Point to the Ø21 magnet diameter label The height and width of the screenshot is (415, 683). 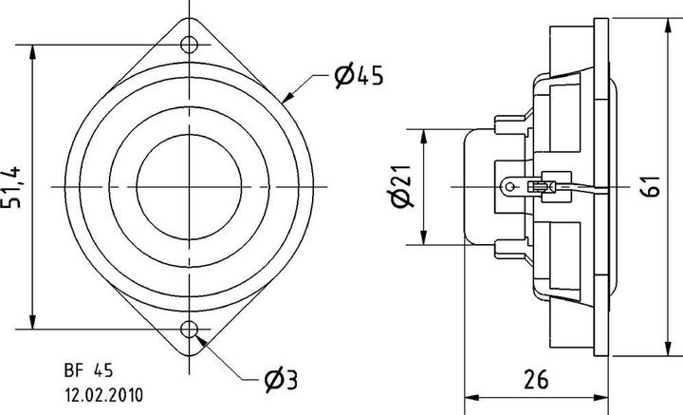point(400,186)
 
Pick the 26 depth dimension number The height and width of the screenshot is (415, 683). point(536,380)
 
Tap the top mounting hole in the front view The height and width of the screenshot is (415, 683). point(191,43)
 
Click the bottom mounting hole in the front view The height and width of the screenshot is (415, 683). point(191,330)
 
